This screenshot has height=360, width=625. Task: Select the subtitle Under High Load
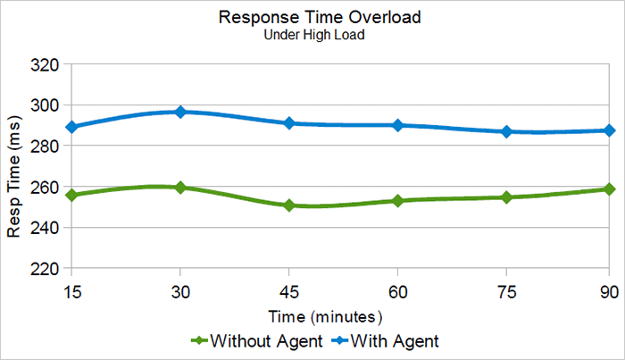(312, 37)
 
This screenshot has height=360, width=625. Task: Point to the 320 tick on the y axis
(43, 65)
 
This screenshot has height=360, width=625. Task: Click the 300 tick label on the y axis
(43, 105)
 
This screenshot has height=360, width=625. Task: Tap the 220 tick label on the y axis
(43, 268)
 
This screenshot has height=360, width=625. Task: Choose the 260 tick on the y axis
(43, 188)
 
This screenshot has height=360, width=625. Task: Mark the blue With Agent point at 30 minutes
(180, 112)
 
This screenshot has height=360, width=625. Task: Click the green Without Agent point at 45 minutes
(289, 205)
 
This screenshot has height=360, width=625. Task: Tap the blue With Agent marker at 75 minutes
(506, 131)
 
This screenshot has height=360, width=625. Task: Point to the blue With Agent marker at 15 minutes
(71, 127)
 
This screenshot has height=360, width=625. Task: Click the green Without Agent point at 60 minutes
(397, 200)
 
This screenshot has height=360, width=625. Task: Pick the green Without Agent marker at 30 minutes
(180, 188)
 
